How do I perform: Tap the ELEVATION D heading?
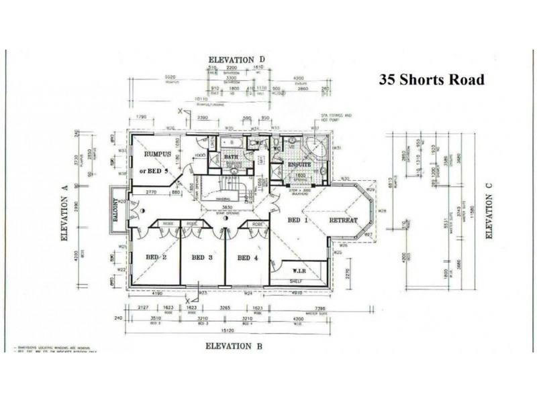pos(238,60)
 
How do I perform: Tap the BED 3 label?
pos(201,257)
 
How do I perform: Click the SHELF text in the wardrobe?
pos(296,282)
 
